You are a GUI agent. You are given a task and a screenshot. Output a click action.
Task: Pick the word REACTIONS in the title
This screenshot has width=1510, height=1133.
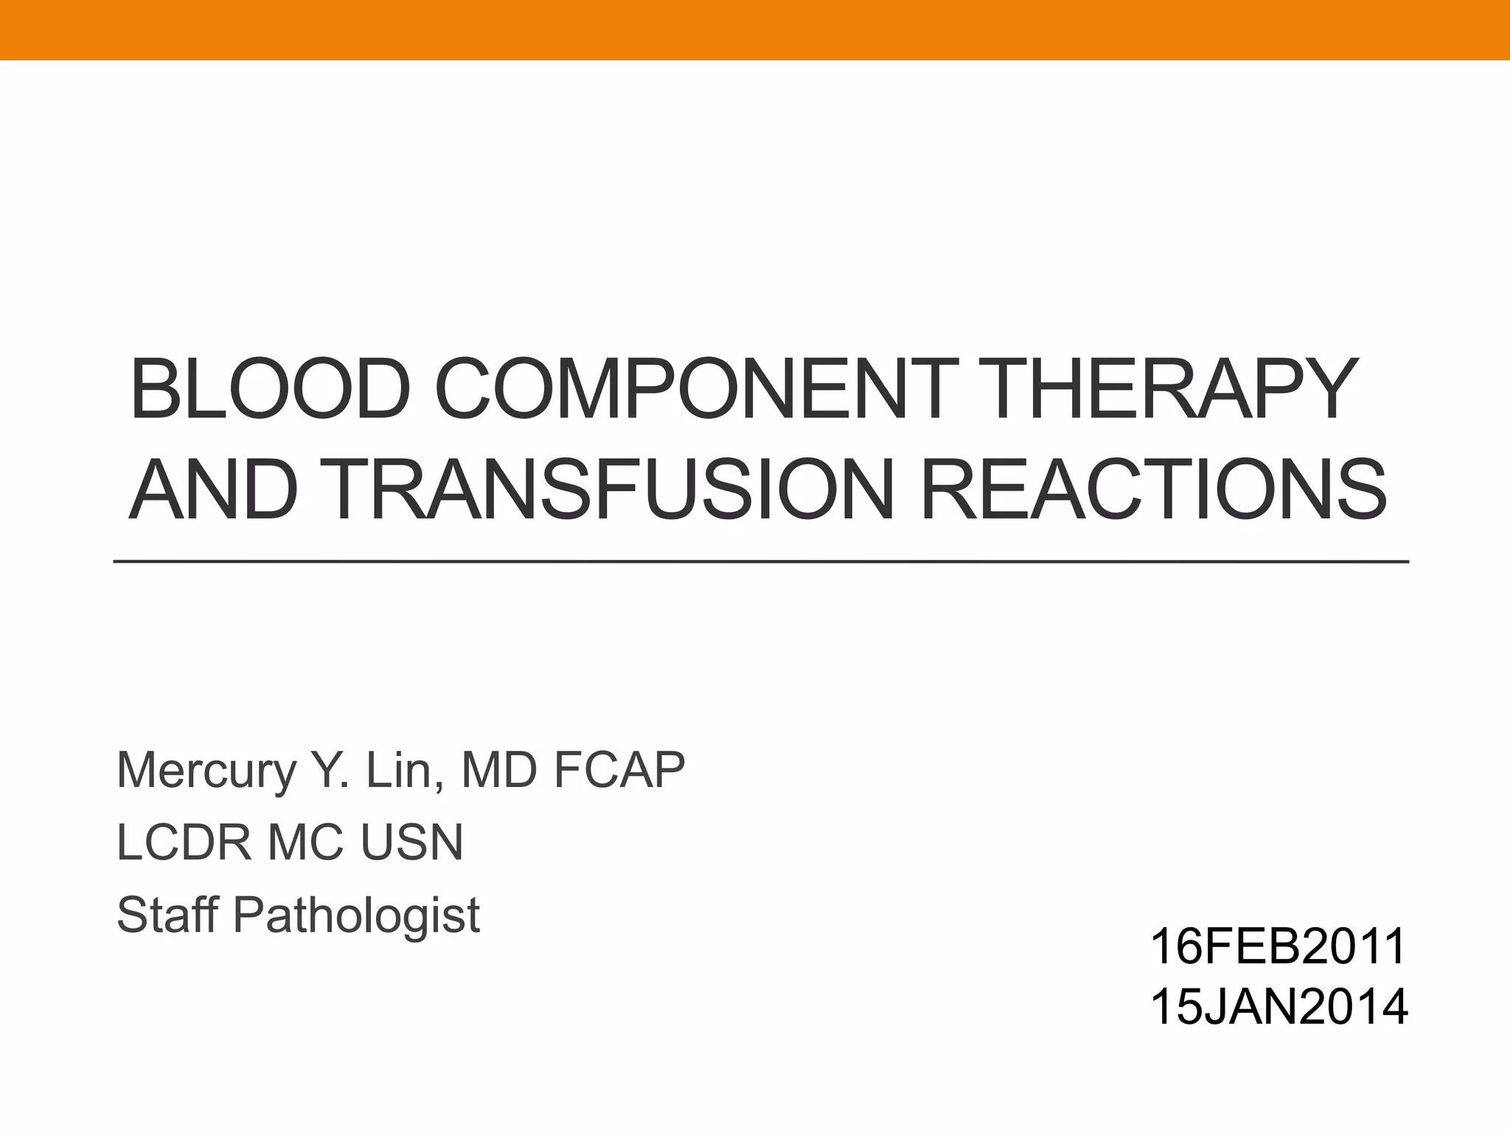point(1154,489)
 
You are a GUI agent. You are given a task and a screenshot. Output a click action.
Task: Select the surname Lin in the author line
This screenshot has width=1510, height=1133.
point(406,771)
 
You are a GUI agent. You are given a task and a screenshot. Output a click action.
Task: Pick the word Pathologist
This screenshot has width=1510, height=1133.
point(357,916)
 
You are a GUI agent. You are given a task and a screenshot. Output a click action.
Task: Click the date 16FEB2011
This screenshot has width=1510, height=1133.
point(1278,947)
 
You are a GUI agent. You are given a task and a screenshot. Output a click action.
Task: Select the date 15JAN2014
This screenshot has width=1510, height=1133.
point(1278,1008)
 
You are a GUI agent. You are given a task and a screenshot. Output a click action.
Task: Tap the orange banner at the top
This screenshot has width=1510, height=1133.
point(755,30)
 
